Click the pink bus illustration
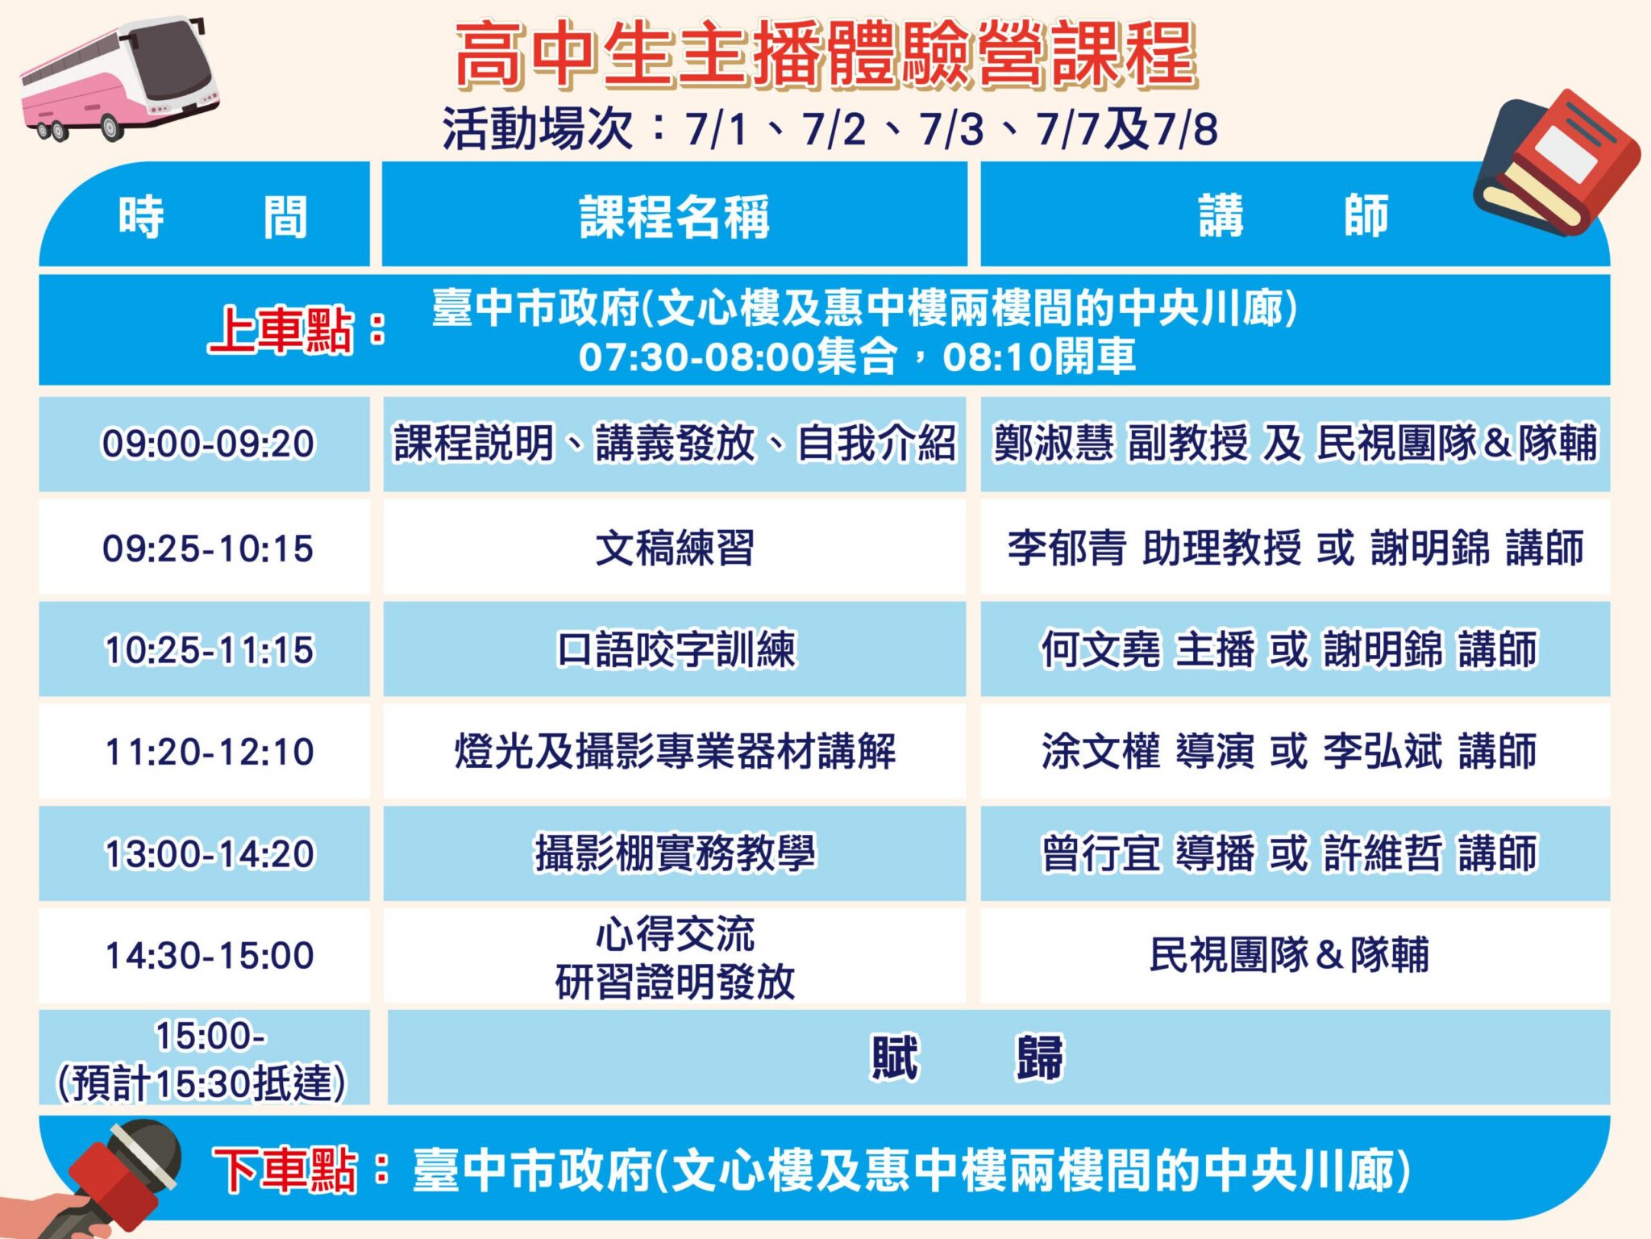click(119, 81)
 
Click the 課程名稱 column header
click(675, 216)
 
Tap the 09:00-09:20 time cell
click(205, 444)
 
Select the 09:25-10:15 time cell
click(205, 549)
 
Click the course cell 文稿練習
click(675, 549)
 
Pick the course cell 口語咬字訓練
click(675, 649)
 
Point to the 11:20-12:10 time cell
click(205, 752)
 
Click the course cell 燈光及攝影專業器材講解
click(675, 752)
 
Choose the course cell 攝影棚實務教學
click(675, 853)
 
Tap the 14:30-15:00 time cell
click(205, 956)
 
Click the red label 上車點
click(281, 330)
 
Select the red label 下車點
click(285, 1170)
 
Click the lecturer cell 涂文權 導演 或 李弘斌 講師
click(1295, 752)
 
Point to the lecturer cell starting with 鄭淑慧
click(1295, 444)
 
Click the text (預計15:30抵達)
click(202, 1083)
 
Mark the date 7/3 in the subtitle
click(951, 129)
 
